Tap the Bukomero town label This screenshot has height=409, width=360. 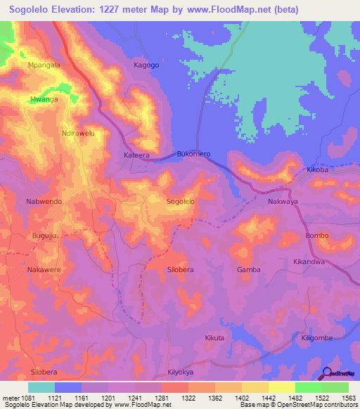tap(193, 154)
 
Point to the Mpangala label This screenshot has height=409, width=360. tap(44, 65)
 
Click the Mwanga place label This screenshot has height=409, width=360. tap(44, 100)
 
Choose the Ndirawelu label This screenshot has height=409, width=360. tap(78, 133)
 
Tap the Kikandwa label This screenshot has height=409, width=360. tap(309, 261)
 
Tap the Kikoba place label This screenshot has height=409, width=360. tap(318, 170)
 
